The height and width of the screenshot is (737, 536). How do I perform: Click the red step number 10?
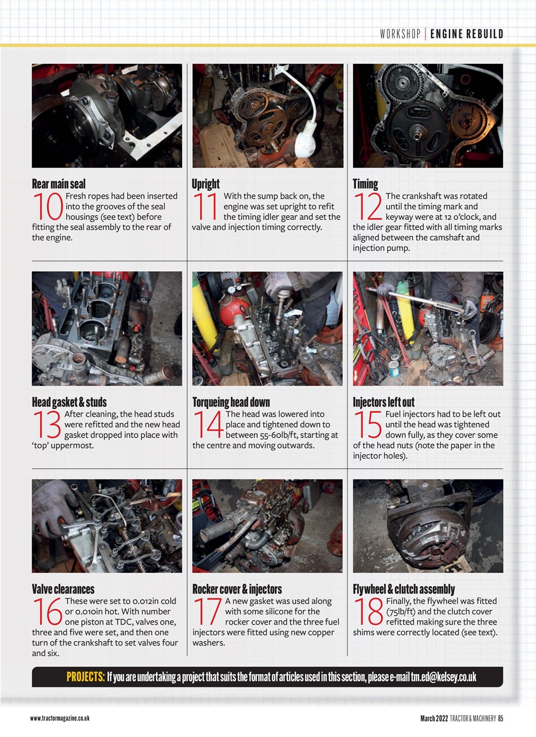tap(48, 207)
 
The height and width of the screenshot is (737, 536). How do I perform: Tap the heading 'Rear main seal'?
tap(58, 184)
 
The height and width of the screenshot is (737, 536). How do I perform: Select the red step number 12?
tap(368, 207)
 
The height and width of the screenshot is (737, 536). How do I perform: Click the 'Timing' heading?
tap(365, 184)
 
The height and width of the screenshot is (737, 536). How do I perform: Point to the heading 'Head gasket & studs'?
tap(69, 402)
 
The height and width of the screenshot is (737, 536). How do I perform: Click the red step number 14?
tap(208, 424)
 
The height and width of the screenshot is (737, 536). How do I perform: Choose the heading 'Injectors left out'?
tap(383, 402)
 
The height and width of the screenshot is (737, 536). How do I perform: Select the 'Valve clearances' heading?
tap(63, 589)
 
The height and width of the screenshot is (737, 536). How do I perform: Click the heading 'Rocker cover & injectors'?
tap(237, 589)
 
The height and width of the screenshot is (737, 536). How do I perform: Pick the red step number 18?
tap(368, 611)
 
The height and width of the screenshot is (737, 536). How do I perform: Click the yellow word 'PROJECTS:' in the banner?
tap(85, 677)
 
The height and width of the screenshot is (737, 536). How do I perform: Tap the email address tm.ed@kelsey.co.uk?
tap(443, 677)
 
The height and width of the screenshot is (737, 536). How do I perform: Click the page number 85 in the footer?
tap(500, 717)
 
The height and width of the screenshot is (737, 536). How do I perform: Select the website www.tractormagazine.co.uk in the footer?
tap(59, 718)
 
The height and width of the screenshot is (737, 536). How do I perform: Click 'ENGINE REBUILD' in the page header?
tap(466, 34)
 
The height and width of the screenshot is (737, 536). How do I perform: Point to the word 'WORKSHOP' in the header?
tap(400, 34)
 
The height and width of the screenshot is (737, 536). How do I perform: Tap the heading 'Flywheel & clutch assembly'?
tap(404, 589)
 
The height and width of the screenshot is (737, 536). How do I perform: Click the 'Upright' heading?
tap(206, 184)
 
